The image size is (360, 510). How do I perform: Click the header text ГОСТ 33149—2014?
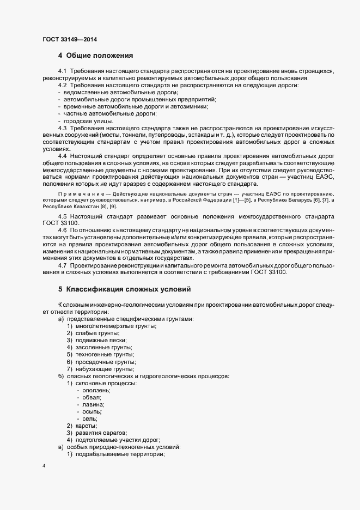70,39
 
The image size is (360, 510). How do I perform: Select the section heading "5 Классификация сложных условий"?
125,289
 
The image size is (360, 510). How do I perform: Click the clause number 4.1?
62,72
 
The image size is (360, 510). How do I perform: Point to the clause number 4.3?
62,127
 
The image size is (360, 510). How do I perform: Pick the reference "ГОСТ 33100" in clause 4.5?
60,223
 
